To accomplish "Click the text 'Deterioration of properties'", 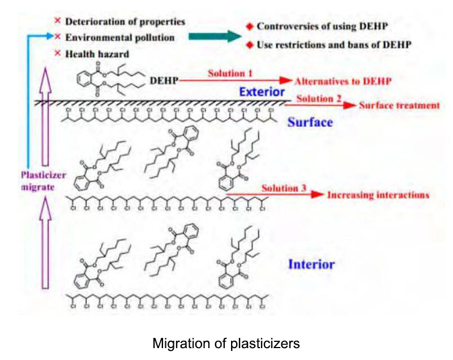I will click(125, 22).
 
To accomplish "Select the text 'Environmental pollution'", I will click(119, 38).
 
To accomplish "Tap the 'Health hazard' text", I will click(96, 54).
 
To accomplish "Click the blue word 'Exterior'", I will click(262, 91).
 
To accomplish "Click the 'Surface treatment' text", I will click(399, 105).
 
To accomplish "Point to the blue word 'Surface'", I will click(310, 122).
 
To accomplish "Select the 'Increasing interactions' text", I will click(378, 195).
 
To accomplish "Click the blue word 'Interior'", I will click(311, 264).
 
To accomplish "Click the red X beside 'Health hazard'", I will click(57, 54).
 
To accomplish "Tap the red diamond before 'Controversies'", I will click(249, 26).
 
